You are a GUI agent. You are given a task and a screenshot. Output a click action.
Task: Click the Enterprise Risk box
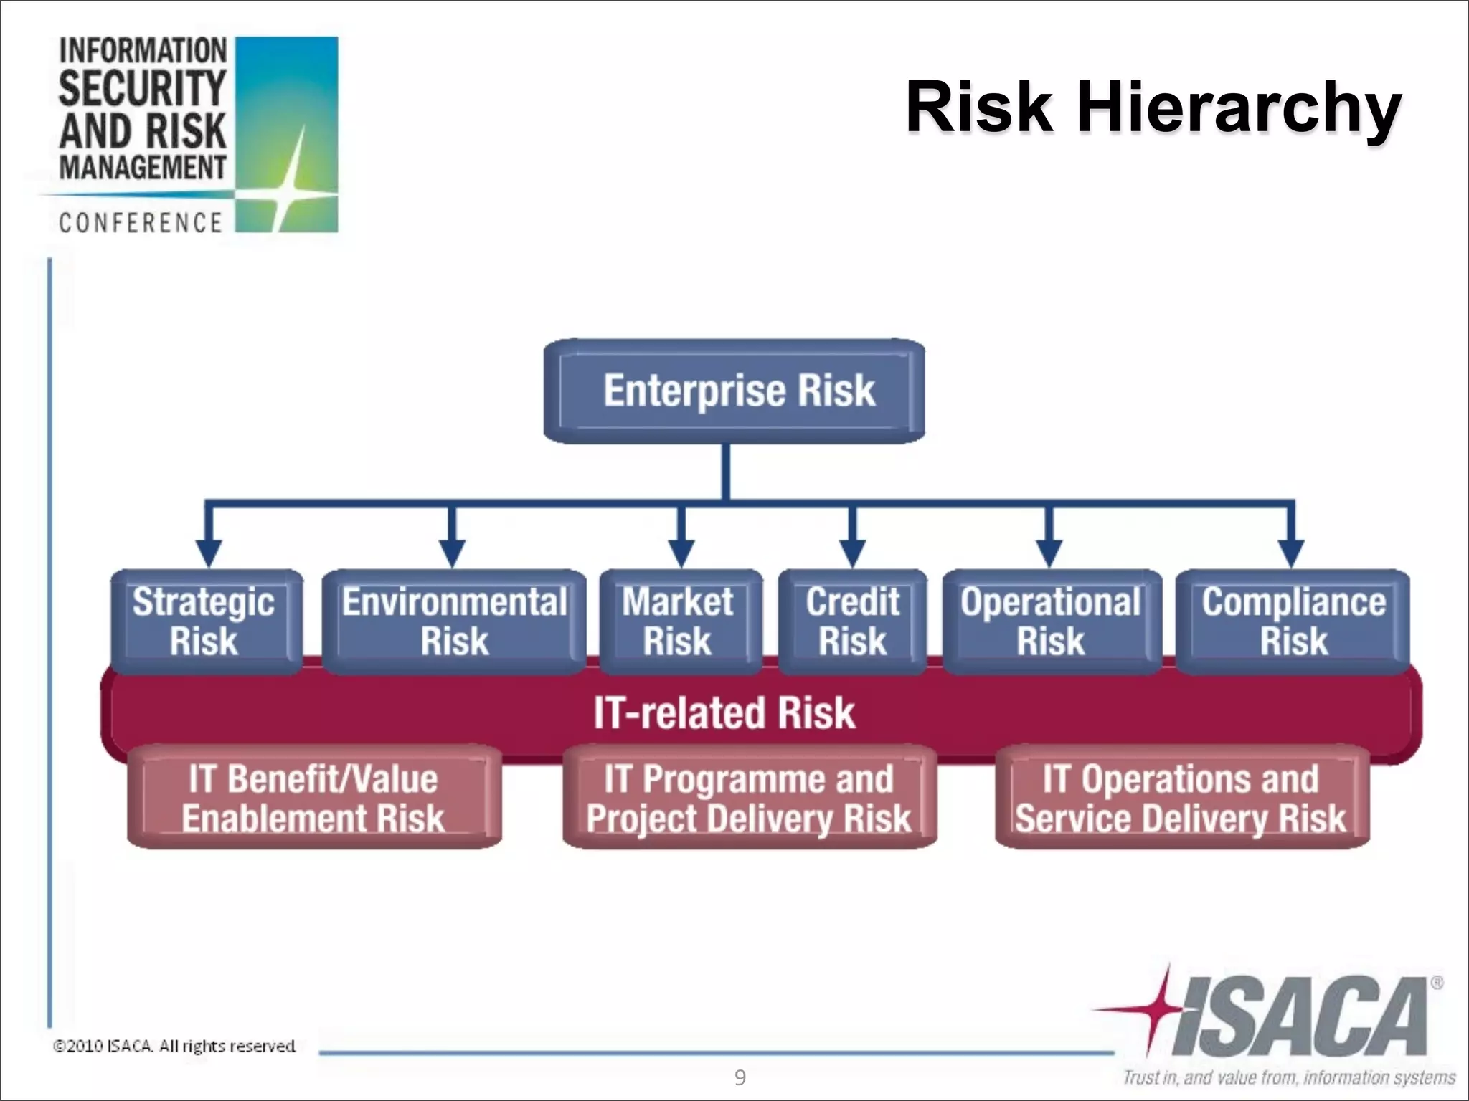coord(734,391)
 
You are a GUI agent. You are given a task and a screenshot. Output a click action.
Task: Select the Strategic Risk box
coord(206,621)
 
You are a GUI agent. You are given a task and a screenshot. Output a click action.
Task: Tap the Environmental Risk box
coord(454,621)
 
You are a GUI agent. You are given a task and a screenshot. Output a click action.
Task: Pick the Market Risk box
coord(679,621)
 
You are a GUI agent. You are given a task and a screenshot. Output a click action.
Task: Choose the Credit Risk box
coord(852,621)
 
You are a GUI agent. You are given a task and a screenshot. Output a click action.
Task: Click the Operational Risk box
coord(1051,621)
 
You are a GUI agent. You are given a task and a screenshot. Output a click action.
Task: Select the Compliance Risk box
coord(1293,621)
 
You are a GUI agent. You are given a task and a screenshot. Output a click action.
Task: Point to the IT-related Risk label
coord(724,712)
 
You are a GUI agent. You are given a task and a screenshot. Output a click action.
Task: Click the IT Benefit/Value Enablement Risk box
coord(313,798)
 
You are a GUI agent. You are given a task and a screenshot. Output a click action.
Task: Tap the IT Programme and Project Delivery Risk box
coord(749,798)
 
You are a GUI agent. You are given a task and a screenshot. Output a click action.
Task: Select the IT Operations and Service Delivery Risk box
coord(1181,798)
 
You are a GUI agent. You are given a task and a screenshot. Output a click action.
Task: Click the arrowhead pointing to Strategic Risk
coord(208,553)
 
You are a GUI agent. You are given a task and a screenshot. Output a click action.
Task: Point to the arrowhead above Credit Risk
coord(851,553)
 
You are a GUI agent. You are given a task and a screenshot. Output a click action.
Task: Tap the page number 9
coord(740,1077)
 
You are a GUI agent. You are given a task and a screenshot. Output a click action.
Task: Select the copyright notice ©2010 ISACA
coord(174,1046)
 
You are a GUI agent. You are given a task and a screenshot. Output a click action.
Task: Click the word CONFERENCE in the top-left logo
coord(141,223)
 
